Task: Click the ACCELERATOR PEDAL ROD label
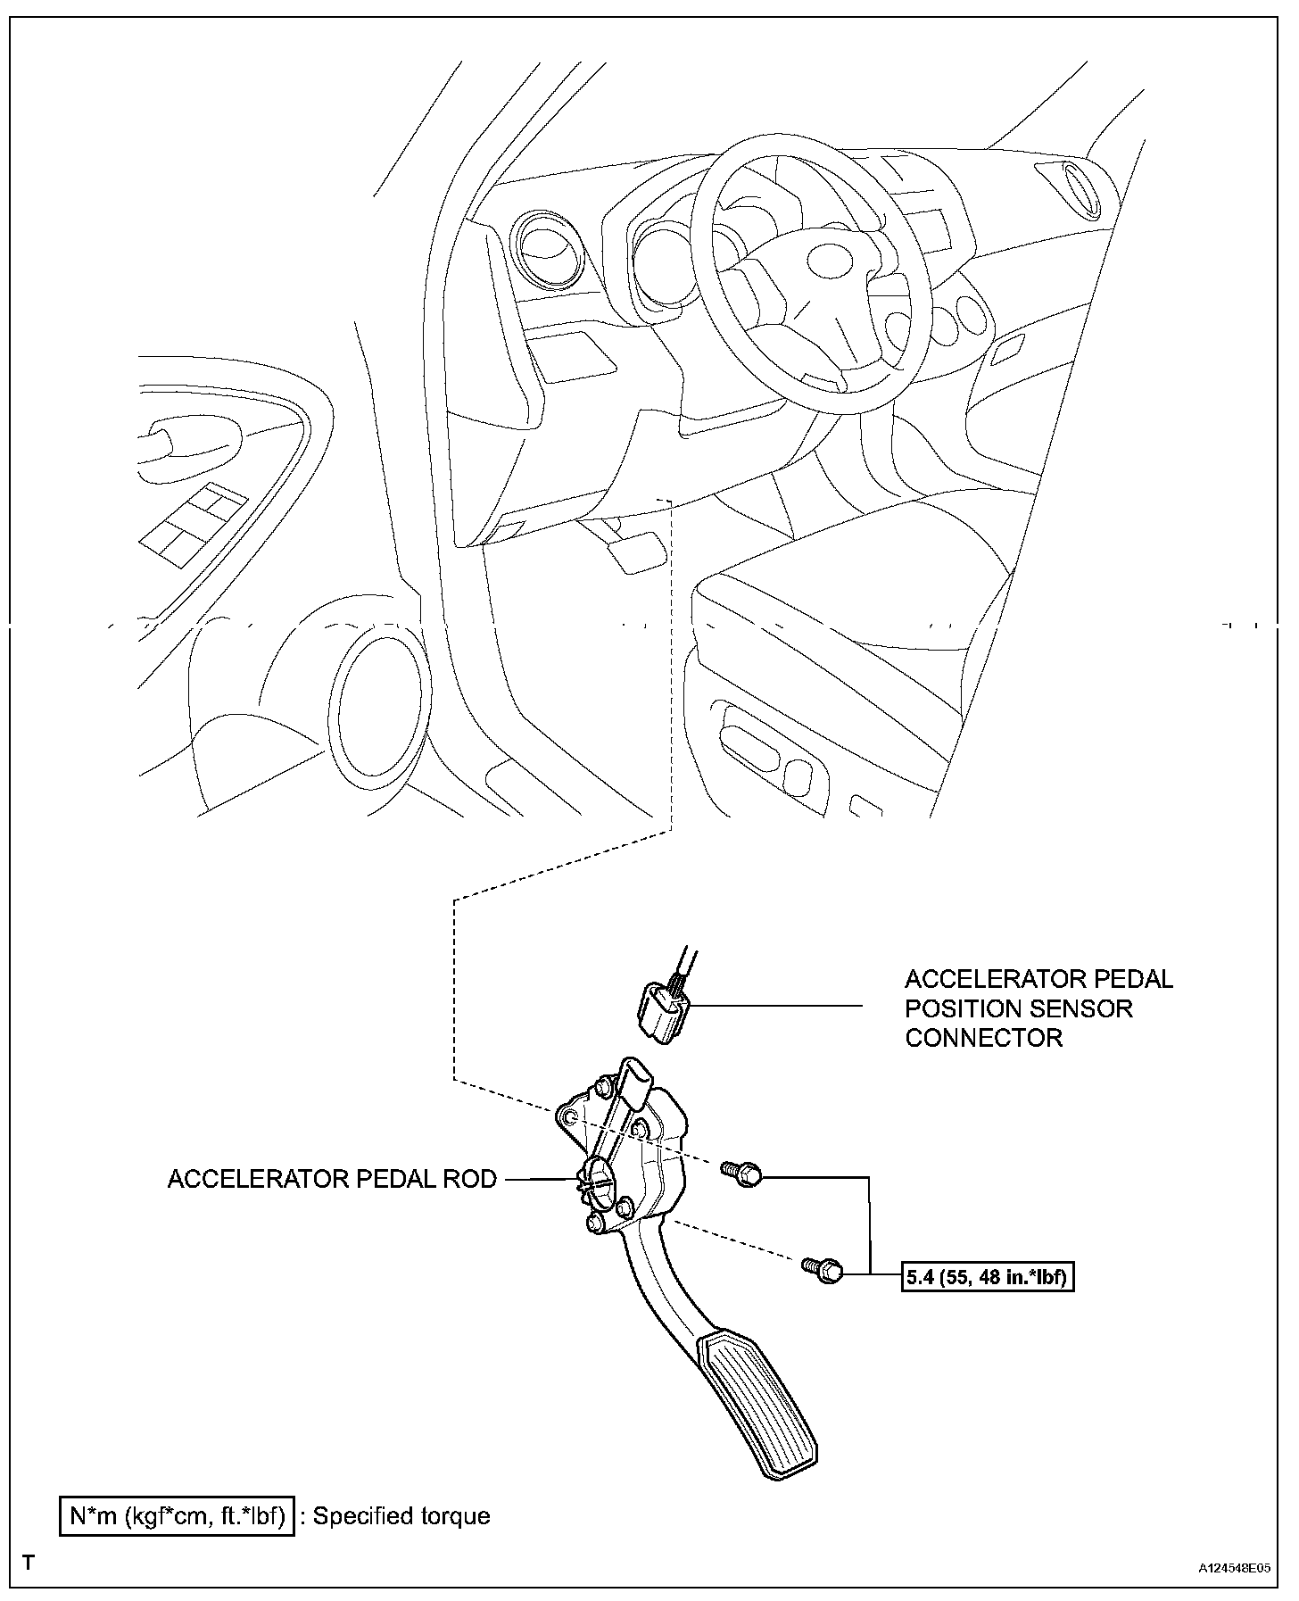coord(332,1179)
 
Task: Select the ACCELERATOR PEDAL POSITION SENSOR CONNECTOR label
coord(1038,1008)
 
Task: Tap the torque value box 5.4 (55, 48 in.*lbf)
coord(986,1277)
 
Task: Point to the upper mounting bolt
coord(743,1174)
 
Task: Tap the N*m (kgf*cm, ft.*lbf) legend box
coord(177,1516)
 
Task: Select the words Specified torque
coord(401,1516)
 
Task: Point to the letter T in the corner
coord(29,1564)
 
